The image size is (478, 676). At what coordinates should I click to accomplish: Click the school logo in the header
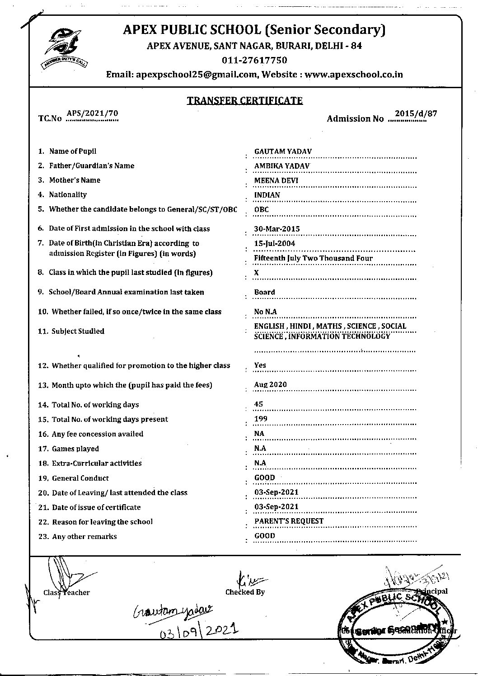coord(65,47)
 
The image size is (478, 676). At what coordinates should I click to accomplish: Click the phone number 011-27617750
coord(254,60)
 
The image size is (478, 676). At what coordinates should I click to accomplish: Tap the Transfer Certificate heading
coord(244,100)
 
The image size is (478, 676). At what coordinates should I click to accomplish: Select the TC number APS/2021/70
coord(92,113)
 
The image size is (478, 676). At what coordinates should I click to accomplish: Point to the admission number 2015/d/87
coord(415,113)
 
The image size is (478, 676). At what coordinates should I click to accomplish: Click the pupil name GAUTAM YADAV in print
coord(283,151)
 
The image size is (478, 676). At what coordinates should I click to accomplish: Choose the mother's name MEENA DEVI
coord(276,180)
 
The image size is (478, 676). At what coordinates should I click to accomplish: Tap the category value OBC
coord(261,209)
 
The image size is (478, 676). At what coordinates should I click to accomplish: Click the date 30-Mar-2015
coord(276,229)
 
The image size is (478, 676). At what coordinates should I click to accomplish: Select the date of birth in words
coord(313,258)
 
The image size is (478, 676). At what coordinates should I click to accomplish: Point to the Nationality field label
coord(68,194)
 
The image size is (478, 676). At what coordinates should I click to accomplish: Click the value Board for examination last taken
coord(264,292)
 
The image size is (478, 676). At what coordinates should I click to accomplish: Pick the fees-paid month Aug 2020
coord(270,385)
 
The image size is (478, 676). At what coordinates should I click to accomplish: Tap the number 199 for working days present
coord(261,419)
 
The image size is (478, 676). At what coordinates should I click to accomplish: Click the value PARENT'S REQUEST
coord(289,521)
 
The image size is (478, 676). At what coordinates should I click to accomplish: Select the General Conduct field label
coord(80,478)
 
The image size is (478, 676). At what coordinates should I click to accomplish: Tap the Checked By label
coord(245,592)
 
